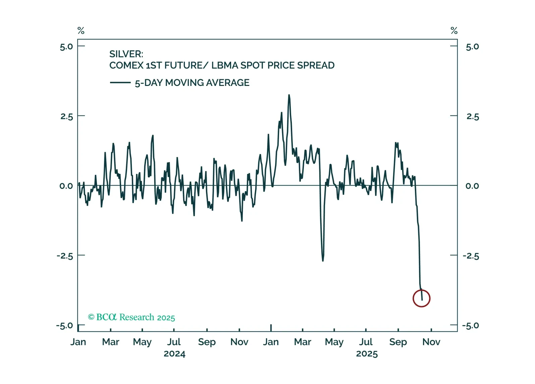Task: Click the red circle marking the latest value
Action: click(x=421, y=298)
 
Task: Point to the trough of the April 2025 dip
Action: click(x=323, y=260)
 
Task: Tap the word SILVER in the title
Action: click(x=126, y=54)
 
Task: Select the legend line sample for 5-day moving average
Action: click(x=120, y=83)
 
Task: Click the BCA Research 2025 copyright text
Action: click(x=131, y=317)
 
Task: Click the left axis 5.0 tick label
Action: click(x=66, y=47)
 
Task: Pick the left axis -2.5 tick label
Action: click(x=65, y=256)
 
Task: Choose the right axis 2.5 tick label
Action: click(x=472, y=117)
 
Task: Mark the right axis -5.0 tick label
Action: click(x=470, y=326)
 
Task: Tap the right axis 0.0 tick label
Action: click(x=472, y=186)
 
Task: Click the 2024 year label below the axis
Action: click(x=174, y=354)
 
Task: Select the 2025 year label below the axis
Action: click(x=367, y=354)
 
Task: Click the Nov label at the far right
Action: click(x=431, y=342)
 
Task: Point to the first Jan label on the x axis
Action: click(x=78, y=342)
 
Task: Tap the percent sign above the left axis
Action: click(x=81, y=31)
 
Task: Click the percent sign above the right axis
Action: click(x=454, y=31)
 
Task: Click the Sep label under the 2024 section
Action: click(x=207, y=342)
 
